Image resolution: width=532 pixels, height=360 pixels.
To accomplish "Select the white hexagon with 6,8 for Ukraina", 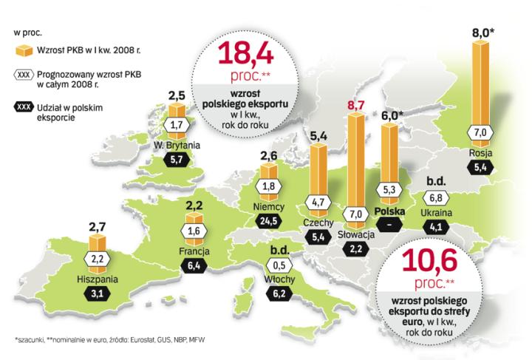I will tap(437, 198).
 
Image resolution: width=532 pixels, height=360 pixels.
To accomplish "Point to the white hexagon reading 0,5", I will tap(279, 266).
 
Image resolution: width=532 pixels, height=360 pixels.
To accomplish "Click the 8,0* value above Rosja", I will tap(485, 33).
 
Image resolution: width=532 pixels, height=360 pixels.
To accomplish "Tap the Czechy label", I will tap(318, 223).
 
